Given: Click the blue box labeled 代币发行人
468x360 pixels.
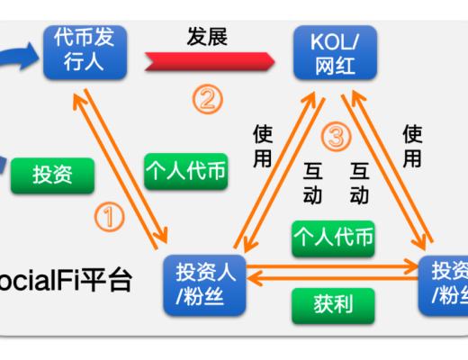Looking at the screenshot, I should (84, 51).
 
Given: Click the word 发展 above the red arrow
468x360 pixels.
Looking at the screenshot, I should (207, 37).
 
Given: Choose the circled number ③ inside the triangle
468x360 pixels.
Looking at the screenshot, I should (335, 138).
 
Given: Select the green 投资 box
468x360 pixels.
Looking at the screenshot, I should (52, 175).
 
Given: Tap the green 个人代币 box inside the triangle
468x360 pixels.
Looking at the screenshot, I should (333, 238).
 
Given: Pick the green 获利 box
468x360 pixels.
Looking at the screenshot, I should (333, 306).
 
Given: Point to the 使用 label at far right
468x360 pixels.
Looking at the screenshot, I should (412, 147).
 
